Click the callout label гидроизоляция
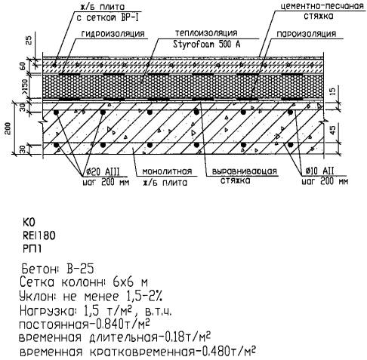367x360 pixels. pos(113,34)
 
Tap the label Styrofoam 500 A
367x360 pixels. pos(206,45)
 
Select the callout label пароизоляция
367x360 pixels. pos(307,34)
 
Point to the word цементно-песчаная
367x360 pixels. pos(322,6)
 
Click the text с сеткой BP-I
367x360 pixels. pos(107,18)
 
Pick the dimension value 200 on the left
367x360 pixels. pos(8,128)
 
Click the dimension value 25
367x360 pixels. pos(29,40)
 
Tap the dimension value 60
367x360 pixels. pos(23,66)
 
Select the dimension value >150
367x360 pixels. pos(26,87)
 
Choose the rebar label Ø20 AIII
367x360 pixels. pos(103,172)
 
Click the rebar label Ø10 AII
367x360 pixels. pos(319,171)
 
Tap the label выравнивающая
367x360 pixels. pos(244,171)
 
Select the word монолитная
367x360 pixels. pos(167,172)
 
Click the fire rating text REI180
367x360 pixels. pos(39,235)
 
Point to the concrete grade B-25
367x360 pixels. pos(80,269)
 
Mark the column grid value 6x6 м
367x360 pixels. pos(131,282)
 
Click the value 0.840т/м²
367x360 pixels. pos(120,324)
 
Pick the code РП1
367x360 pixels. pos(32,249)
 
